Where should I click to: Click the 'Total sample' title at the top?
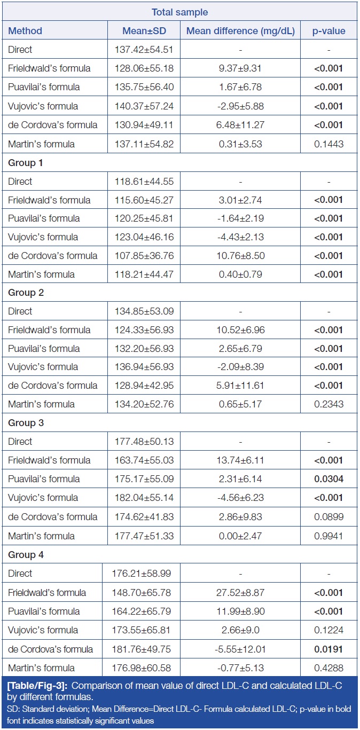click(179, 12)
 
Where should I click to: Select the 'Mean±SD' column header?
click(144, 31)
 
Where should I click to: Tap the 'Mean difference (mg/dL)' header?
click(240, 31)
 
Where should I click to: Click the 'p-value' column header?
click(328, 31)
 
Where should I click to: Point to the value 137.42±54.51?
click(144, 50)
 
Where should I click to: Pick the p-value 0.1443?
click(328, 144)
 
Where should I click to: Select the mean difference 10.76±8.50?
click(240, 256)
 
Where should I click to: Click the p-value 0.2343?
click(328, 404)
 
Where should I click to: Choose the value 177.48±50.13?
click(144, 442)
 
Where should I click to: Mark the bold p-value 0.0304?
click(328, 479)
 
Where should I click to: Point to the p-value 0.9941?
click(328, 536)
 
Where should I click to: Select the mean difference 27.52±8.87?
click(240, 592)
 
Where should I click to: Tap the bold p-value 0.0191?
click(328, 649)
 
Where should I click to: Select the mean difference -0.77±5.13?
click(240, 668)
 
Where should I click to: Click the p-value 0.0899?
click(328, 517)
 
